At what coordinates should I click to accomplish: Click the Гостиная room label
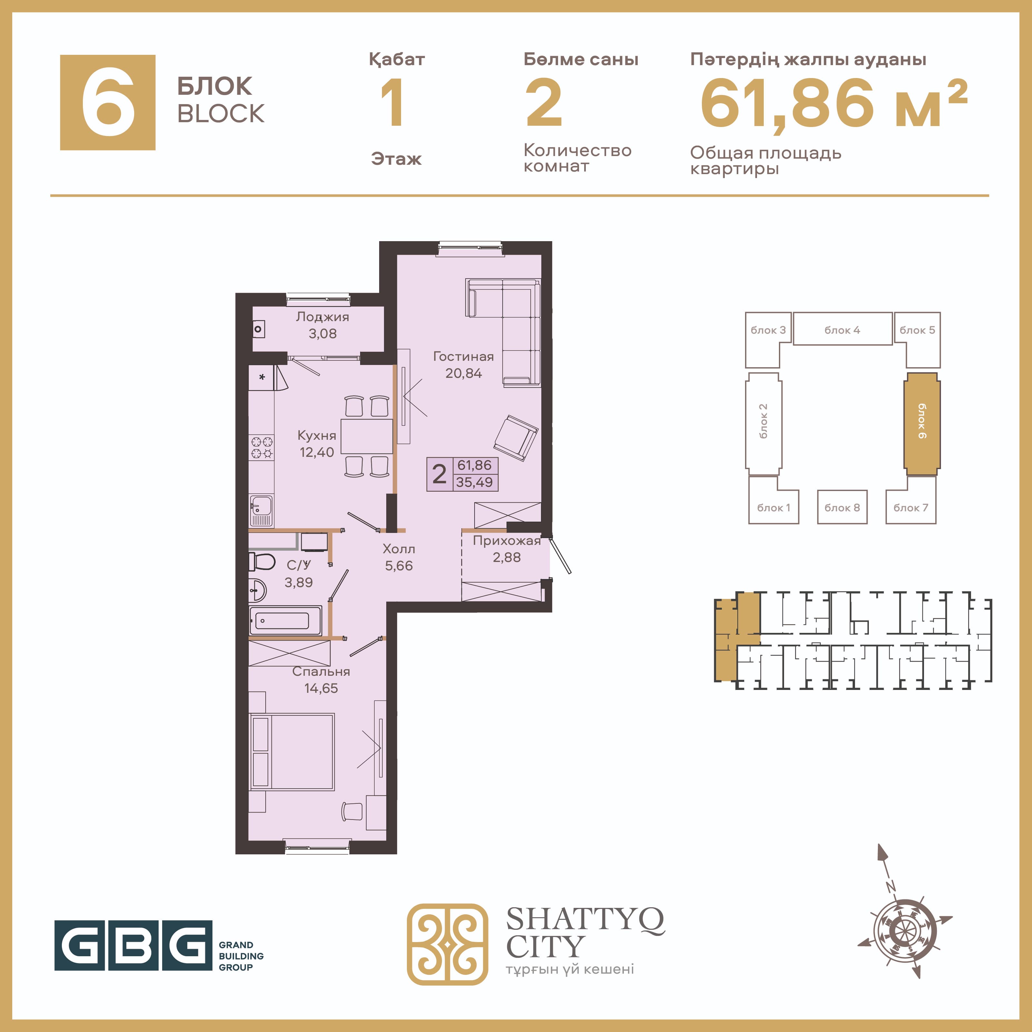pos(463,356)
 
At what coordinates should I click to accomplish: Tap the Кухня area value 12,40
pos(317,452)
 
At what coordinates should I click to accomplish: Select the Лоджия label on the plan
pos(323,317)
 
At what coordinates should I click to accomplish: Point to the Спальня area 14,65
pos(321,689)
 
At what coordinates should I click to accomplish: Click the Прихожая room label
pos(507,541)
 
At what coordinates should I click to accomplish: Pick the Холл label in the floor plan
pos(399,549)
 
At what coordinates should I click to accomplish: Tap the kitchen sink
pos(261,511)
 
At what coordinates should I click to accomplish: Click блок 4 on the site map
pos(842,329)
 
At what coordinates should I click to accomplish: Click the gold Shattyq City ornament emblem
pos(447,944)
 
